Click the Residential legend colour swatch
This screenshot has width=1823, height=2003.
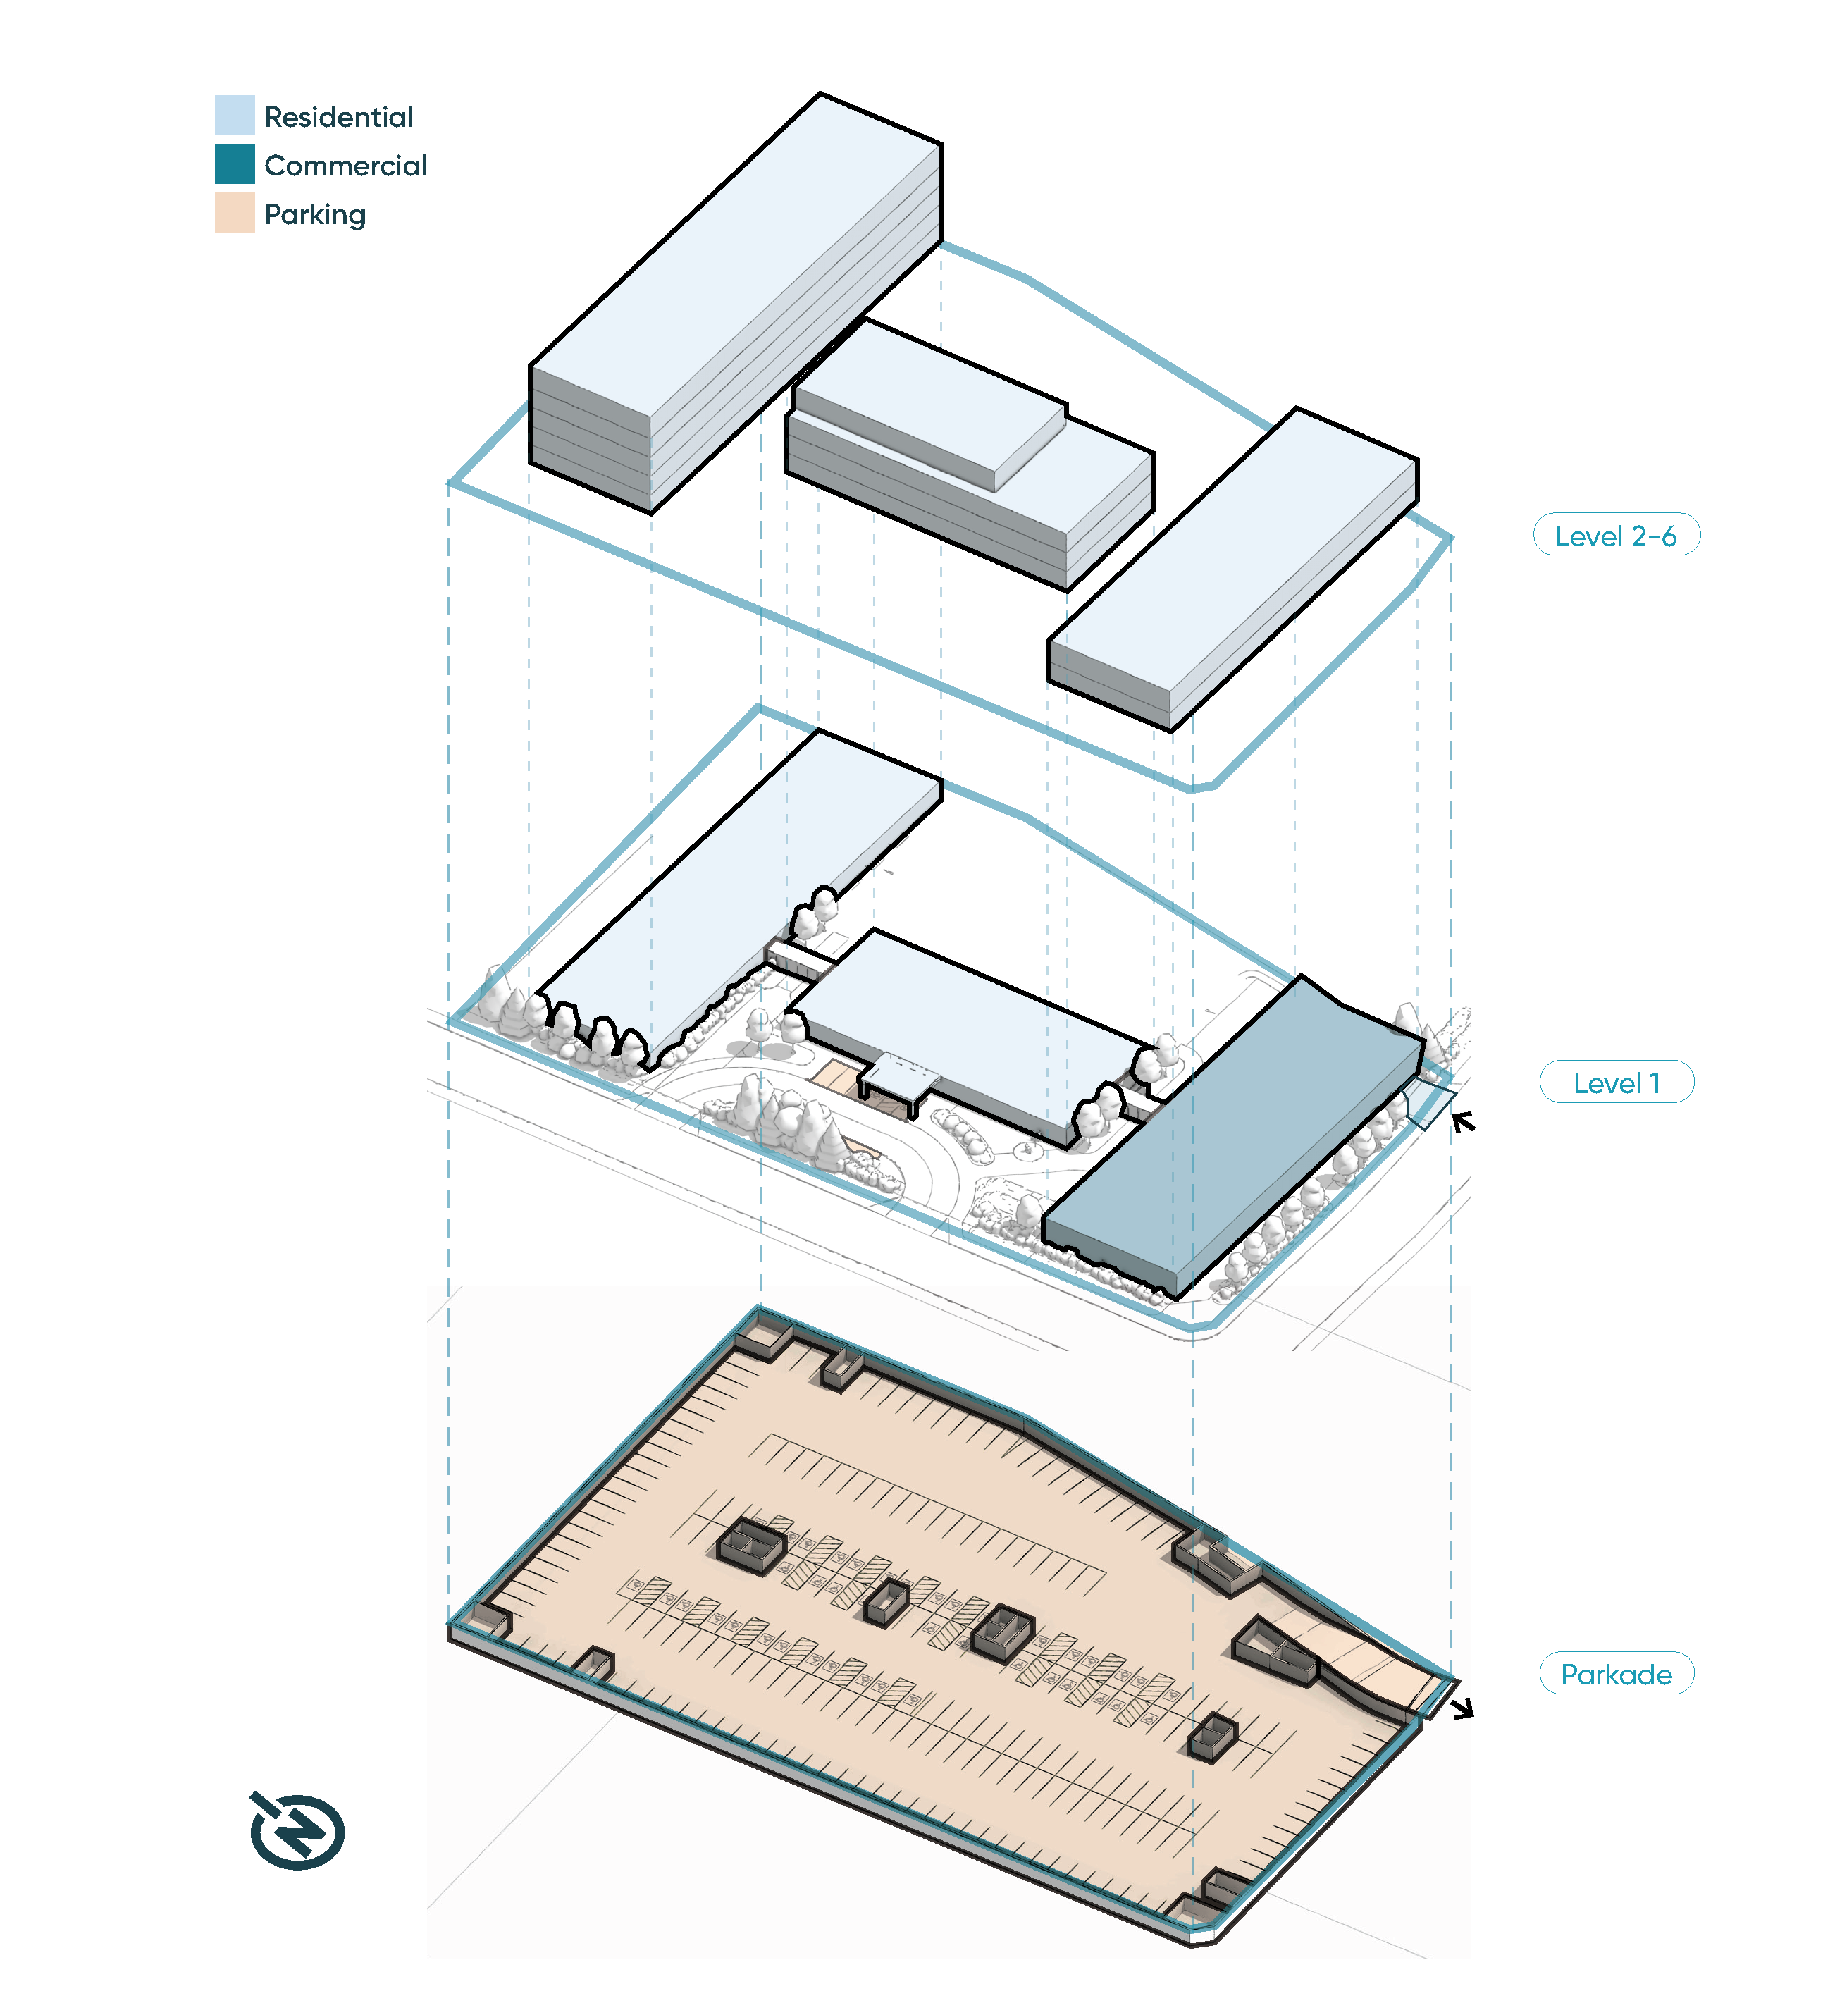(235, 116)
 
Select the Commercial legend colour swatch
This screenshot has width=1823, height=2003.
(235, 164)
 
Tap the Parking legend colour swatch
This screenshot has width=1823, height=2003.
(235, 213)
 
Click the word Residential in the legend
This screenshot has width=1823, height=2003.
(339, 117)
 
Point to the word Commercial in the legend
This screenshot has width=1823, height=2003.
(345, 166)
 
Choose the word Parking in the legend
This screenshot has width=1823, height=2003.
(315, 214)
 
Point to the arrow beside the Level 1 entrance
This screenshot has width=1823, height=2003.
(1462, 1123)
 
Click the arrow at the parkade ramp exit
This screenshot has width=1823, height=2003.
(1462, 1709)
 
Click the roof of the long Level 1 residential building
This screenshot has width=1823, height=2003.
(735, 894)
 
